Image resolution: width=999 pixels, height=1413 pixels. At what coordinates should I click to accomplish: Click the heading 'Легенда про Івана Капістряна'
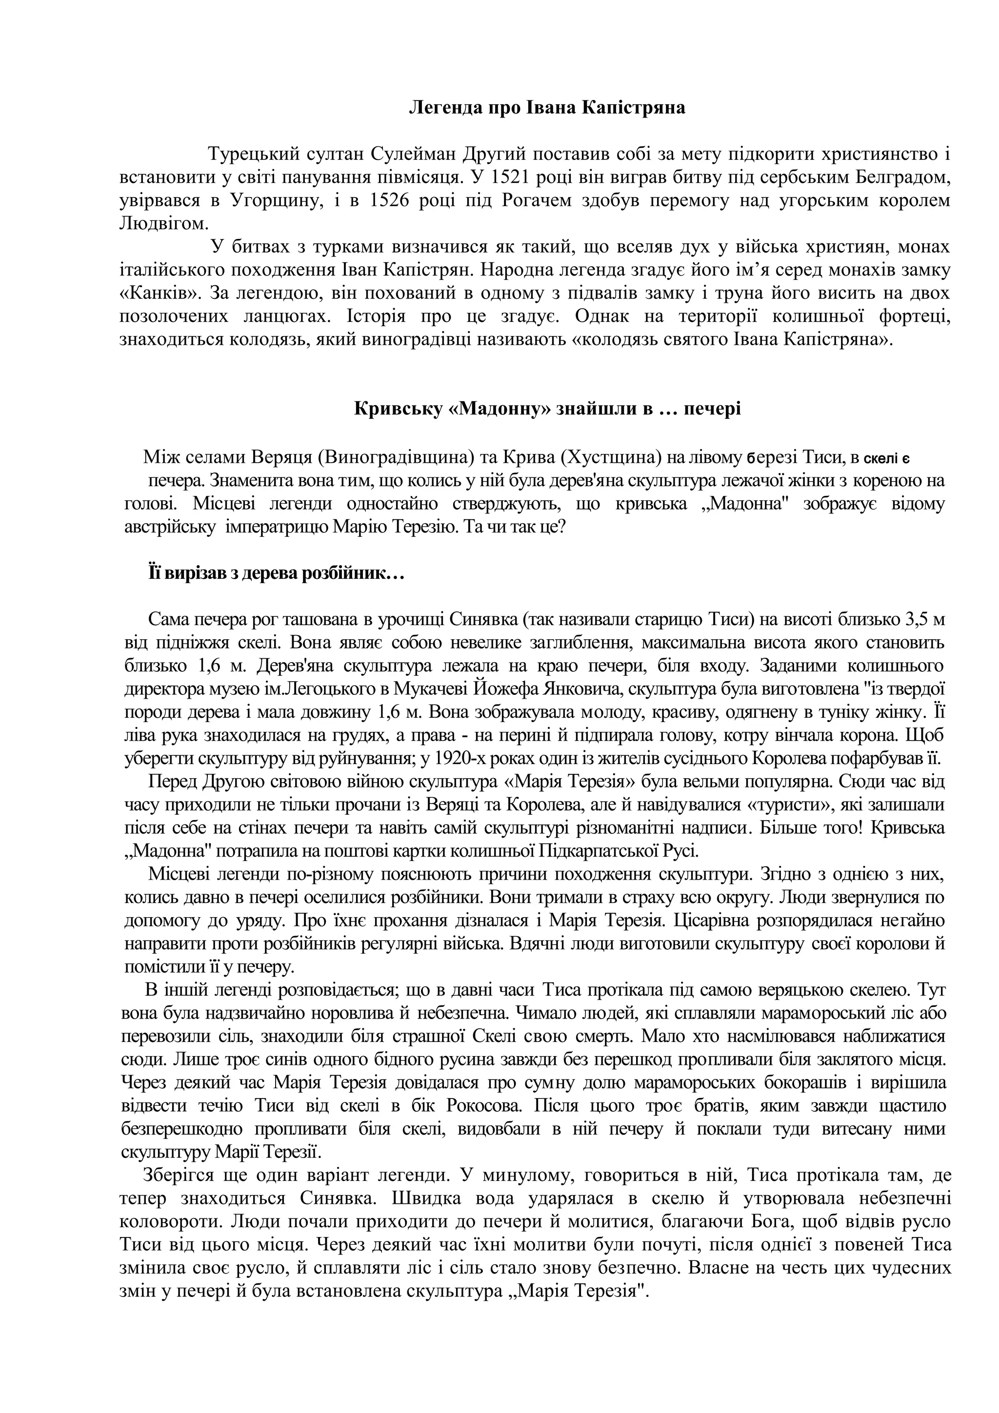coord(547,108)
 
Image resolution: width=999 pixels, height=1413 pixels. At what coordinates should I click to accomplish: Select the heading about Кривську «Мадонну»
coord(547,409)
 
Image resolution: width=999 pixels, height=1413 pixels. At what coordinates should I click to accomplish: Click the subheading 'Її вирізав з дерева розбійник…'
coord(275,573)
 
